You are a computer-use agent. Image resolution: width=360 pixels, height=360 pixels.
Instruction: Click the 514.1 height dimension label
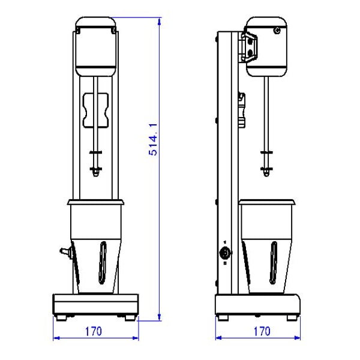(153, 139)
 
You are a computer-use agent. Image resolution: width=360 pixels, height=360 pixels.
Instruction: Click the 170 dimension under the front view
(94, 332)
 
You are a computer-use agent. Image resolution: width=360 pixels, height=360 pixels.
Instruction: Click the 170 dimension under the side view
(262, 332)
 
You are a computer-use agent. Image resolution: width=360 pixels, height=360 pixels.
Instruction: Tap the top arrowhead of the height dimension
(160, 22)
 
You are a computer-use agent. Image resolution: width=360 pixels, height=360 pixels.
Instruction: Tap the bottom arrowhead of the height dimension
(160, 317)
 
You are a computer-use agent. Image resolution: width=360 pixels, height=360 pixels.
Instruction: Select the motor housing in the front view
(96, 46)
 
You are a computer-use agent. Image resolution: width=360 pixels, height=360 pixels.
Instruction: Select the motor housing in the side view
(266, 46)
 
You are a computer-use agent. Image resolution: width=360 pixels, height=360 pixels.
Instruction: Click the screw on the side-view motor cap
(277, 30)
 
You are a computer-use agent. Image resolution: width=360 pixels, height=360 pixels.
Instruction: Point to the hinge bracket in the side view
(249, 47)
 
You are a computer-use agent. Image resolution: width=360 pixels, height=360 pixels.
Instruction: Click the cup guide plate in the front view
(95, 110)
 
